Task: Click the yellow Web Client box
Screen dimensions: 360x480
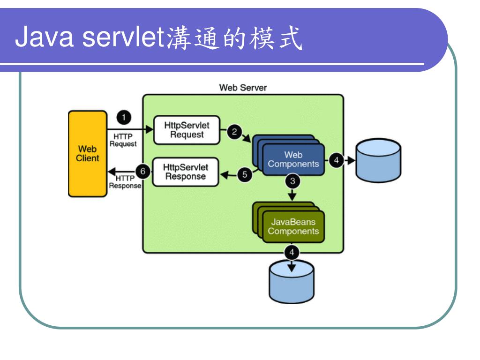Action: coord(87,153)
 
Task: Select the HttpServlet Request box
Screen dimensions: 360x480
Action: coord(187,130)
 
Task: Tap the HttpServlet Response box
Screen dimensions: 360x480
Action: coord(186,172)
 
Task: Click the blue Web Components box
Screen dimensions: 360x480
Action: coord(293,159)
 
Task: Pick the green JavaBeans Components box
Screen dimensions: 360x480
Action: coord(293,226)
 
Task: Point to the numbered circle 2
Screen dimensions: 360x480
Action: coord(233,132)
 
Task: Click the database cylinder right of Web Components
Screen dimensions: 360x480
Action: coord(378,159)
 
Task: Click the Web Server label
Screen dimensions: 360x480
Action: coord(243,88)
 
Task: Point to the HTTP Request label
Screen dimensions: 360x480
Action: coord(122,140)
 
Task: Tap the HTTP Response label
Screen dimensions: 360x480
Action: coord(125,182)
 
